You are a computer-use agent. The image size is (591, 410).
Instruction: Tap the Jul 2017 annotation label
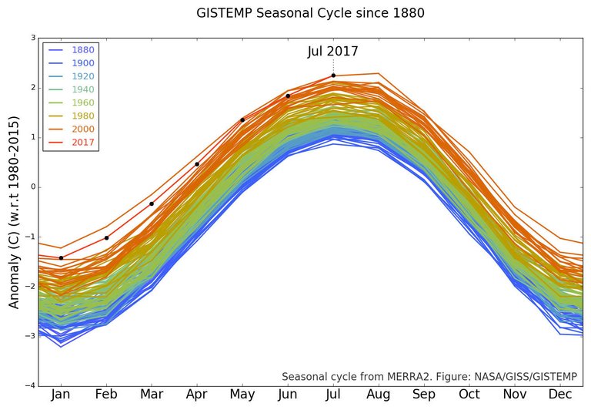[x=332, y=52]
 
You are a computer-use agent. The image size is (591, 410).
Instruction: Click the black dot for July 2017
[x=333, y=76]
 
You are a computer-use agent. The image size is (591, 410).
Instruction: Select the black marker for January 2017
[x=61, y=257]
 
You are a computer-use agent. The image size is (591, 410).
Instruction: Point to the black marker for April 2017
[x=197, y=164]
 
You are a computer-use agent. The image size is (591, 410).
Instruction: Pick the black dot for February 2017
[x=106, y=238]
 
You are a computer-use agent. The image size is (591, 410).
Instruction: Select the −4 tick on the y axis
[x=31, y=385]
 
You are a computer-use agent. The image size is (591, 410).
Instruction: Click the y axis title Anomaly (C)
[x=15, y=212]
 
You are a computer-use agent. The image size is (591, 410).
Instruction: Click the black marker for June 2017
[x=288, y=96]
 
